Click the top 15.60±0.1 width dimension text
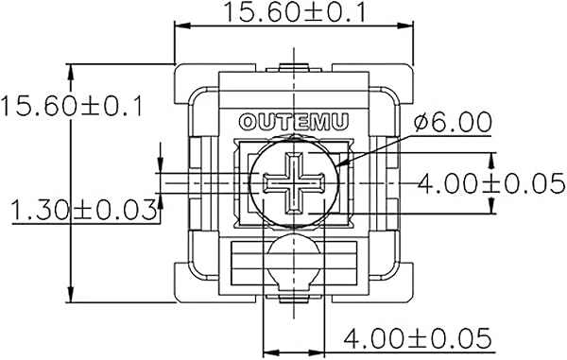click(x=295, y=12)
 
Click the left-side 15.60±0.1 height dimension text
click(x=73, y=106)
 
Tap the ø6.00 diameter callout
click(x=453, y=122)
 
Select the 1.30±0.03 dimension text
click(x=84, y=211)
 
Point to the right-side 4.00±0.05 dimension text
click(x=491, y=183)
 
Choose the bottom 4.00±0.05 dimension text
click(x=418, y=338)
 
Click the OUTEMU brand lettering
click(x=294, y=122)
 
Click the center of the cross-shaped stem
click(x=294, y=183)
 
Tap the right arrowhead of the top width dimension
click(x=405, y=26)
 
